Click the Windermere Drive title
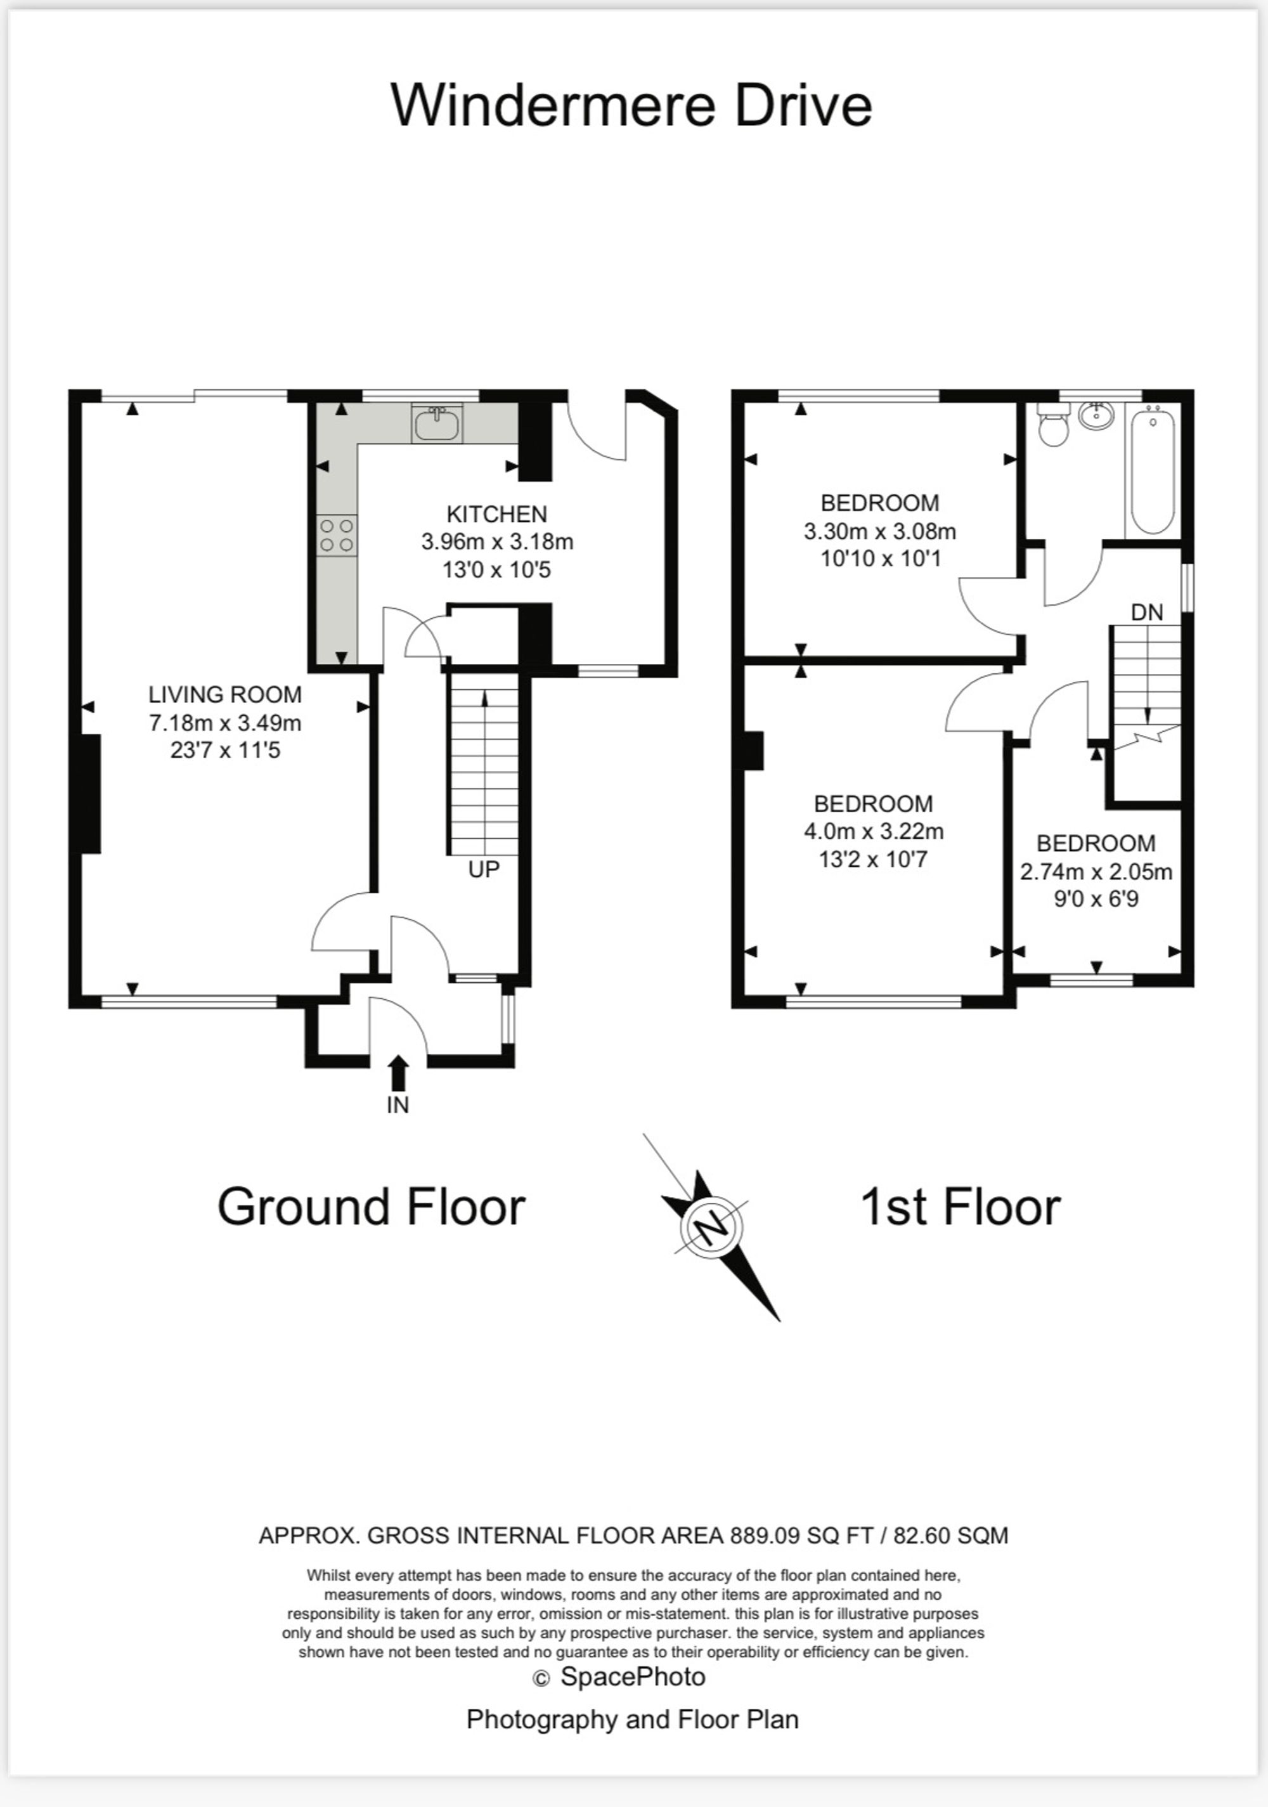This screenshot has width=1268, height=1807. pyautogui.click(x=631, y=105)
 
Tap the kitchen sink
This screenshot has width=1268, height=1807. pyautogui.click(x=437, y=424)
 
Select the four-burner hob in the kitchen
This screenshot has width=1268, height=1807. pyautogui.click(x=337, y=535)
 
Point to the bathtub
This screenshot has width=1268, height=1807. pyautogui.click(x=1153, y=470)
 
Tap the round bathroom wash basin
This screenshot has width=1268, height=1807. pyautogui.click(x=1096, y=415)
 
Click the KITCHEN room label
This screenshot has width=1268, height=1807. pyautogui.click(x=496, y=514)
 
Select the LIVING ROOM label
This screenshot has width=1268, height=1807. pyautogui.click(x=225, y=694)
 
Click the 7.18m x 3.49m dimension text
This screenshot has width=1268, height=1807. pyautogui.click(x=225, y=723)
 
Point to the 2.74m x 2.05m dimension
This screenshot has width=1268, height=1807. pyautogui.click(x=1096, y=871)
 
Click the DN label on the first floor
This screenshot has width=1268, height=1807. pyautogui.click(x=1147, y=612)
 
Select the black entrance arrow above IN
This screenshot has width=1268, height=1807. pyautogui.click(x=398, y=1073)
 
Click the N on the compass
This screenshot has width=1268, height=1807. pyautogui.click(x=711, y=1227)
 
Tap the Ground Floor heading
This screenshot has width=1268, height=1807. pyautogui.click(x=371, y=1207)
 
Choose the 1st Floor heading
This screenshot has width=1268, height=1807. pyautogui.click(x=961, y=1207)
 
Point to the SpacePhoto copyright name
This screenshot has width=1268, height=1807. pyautogui.click(x=633, y=1677)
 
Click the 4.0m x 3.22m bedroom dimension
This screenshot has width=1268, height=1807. pyautogui.click(x=874, y=831)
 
